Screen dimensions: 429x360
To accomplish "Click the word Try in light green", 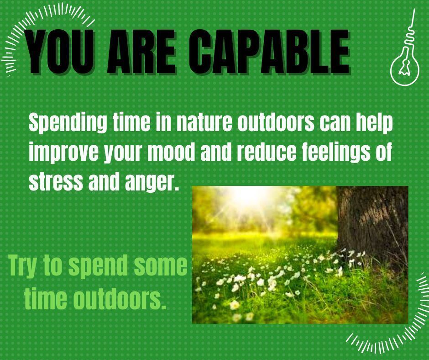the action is coord(22,266).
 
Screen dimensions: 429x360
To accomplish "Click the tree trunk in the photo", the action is coord(372,222).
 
